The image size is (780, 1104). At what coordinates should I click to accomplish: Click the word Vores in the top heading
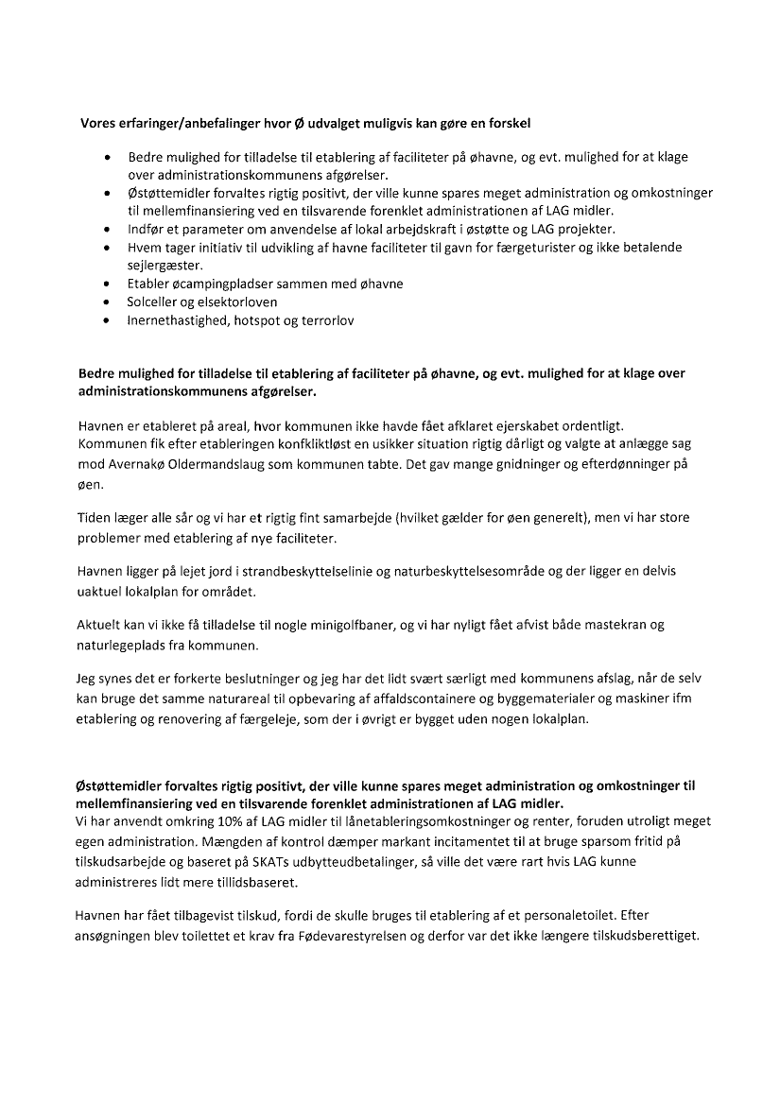point(97,124)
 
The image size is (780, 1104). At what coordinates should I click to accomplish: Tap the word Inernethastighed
point(181,320)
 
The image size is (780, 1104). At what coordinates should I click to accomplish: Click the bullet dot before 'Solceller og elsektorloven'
point(110,302)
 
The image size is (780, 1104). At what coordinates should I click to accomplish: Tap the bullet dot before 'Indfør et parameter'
point(110,229)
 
